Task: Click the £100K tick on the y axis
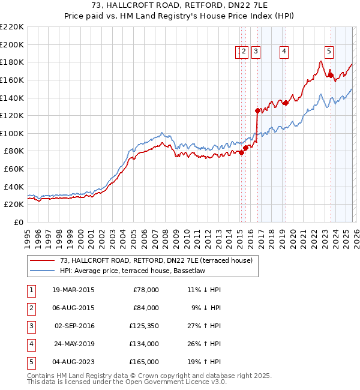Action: pyautogui.click(x=12, y=133)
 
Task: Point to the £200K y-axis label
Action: pyautogui.click(x=12, y=44)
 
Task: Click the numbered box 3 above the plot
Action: pyautogui.click(x=256, y=52)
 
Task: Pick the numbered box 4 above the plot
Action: pyautogui.click(x=283, y=52)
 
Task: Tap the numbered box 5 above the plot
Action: pyautogui.click(x=329, y=52)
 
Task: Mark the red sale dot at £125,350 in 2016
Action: pyautogui.click(x=257, y=110)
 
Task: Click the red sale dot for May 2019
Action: pyautogui.click(x=286, y=103)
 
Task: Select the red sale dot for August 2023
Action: pyautogui.click(x=330, y=75)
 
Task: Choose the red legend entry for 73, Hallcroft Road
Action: pyautogui.click(x=155, y=260)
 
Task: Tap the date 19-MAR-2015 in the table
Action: pyautogui.click(x=73, y=290)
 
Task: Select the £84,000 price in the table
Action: pyautogui.click(x=145, y=308)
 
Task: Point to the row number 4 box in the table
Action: pyautogui.click(x=30, y=344)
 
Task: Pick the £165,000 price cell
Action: pyautogui.click(x=145, y=362)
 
